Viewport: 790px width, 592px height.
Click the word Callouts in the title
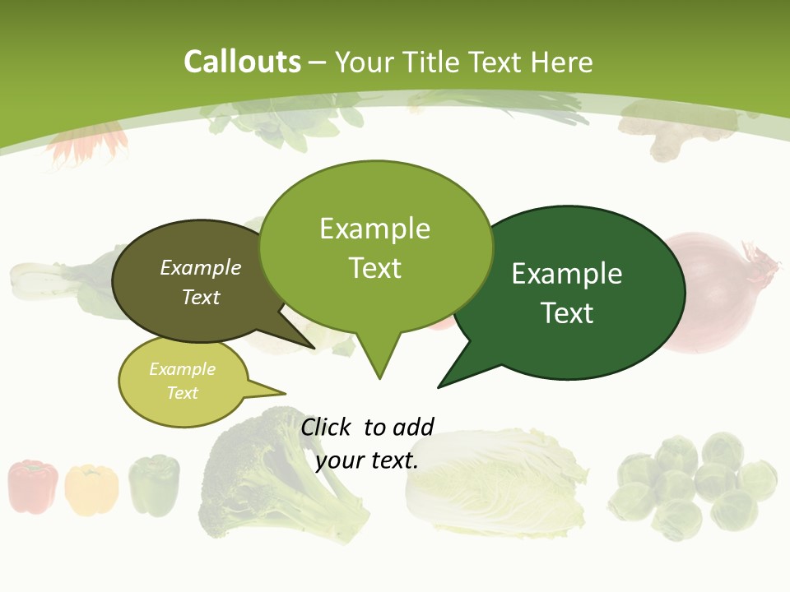tap(242, 62)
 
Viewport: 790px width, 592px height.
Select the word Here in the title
tap(562, 62)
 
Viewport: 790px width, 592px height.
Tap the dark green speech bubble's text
tap(567, 293)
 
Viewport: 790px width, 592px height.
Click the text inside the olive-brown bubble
tap(200, 282)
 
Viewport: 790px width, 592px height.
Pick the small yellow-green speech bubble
tap(183, 382)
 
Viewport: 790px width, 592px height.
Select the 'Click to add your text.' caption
tap(367, 443)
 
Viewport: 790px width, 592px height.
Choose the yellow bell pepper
tap(91, 490)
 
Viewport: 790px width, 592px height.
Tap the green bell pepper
tap(154, 485)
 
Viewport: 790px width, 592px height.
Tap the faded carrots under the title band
tap(86, 144)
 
